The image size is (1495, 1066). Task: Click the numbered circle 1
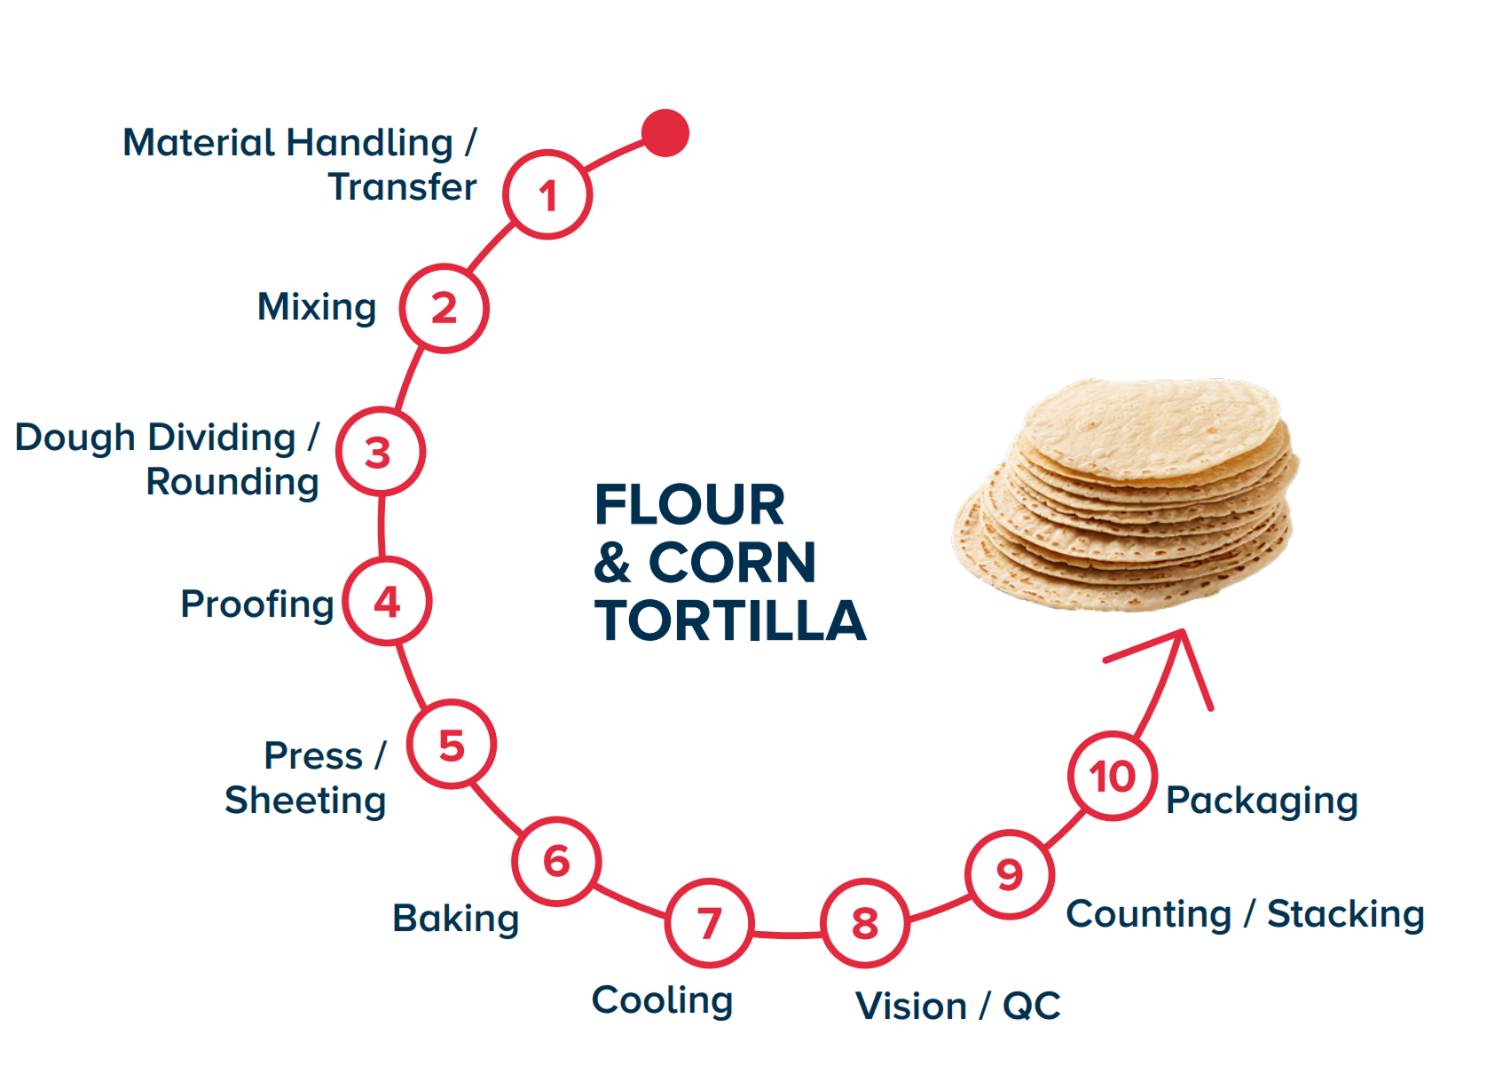[x=547, y=194]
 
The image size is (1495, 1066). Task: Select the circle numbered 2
[x=444, y=308]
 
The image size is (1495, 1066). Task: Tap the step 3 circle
[x=380, y=452]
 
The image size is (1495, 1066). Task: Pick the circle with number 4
[x=387, y=602]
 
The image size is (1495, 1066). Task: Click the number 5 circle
[x=452, y=745]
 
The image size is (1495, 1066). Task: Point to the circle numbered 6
[x=556, y=860]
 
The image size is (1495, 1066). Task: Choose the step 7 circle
[x=709, y=923]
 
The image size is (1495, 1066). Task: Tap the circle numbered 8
[x=865, y=923]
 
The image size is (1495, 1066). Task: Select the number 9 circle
[x=1010, y=874]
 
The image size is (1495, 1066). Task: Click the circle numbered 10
[x=1113, y=776]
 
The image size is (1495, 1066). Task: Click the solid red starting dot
[x=665, y=133]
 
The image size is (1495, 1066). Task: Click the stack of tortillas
[x=1127, y=497]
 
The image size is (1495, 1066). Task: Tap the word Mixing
[x=317, y=308]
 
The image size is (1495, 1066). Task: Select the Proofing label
[x=257, y=604]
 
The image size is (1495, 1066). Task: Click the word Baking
[x=455, y=919]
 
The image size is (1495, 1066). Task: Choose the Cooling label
[x=662, y=1000]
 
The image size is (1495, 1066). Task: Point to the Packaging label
[x=1262, y=801]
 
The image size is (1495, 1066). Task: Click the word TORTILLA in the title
[x=730, y=620]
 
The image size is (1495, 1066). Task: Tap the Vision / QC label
[x=958, y=1007]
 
